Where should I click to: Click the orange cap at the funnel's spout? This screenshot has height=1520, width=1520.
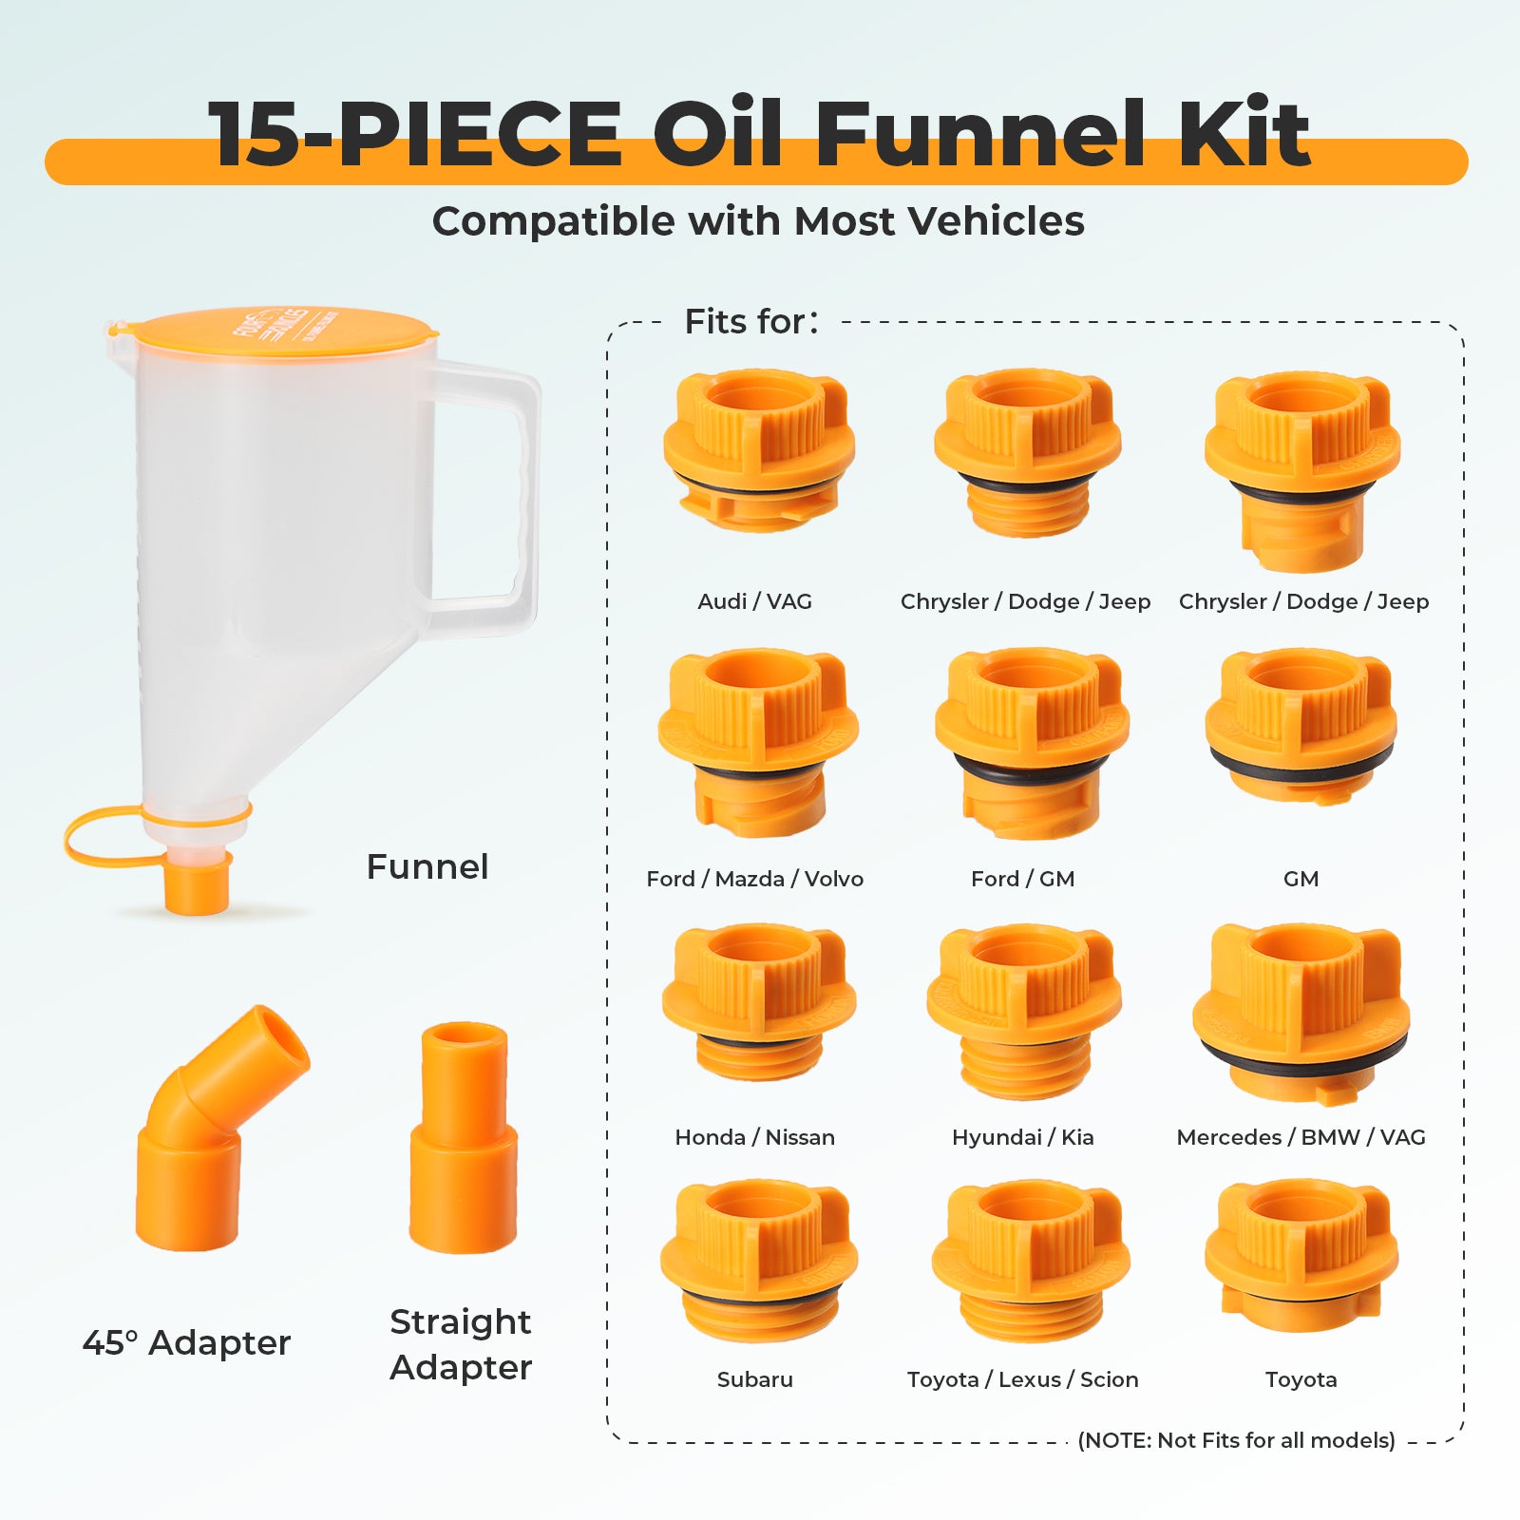pyautogui.click(x=197, y=884)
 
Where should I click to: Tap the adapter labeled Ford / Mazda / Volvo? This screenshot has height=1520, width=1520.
pyautogui.click(x=757, y=742)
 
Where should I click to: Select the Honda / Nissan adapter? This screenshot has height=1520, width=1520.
pyautogui.click(x=758, y=1002)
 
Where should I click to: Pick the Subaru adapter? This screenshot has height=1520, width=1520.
pyautogui.click(x=758, y=1260)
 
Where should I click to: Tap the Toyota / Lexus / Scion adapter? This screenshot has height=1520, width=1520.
pyautogui.click(x=1031, y=1260)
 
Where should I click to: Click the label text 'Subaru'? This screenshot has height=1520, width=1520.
pyautogui.click(x=754, y=1379)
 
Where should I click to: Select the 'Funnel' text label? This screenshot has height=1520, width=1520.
pyautogui.click(x=427, y=866)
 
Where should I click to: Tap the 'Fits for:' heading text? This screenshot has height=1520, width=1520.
pyautogui.click(x=750, y=322)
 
